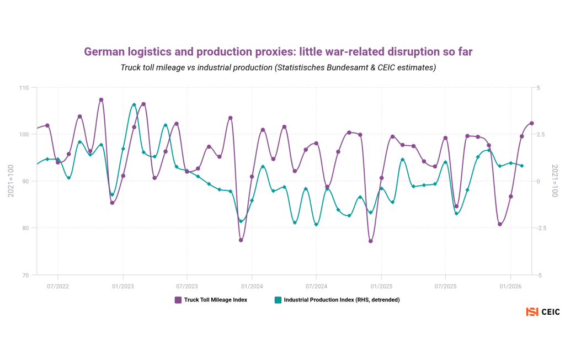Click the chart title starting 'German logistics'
(278, 51)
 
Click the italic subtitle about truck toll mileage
(278, 67)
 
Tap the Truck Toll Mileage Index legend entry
(211, 300)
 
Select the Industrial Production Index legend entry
(337, 300)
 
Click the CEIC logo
(543, 312)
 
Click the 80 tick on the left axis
(25, 228)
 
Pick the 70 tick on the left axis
(25, 274)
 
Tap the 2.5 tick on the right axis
(541, 134)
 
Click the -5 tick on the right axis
(539, 274)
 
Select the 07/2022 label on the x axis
(58, 287)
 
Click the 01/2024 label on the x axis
(252, 287)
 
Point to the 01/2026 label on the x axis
(510, 287)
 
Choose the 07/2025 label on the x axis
(445, 287)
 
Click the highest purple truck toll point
(101, 100)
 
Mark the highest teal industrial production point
(134, 104)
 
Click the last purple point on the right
(532, 123)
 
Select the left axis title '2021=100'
(10, 181)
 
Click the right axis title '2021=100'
(555, 181)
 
